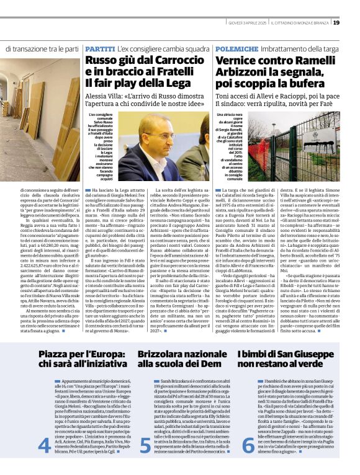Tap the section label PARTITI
point(100,48)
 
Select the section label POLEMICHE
point(236,48)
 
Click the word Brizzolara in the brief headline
point(164,353)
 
